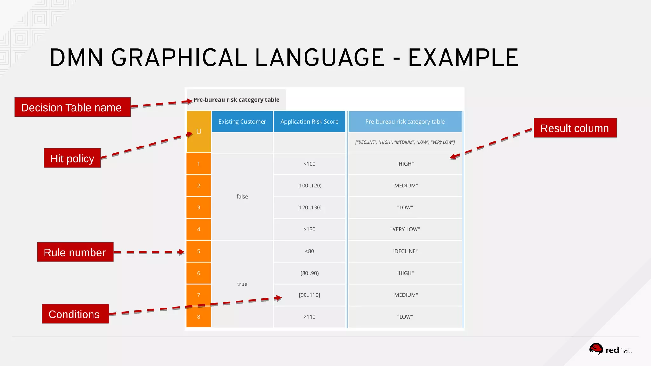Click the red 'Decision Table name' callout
72,107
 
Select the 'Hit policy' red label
72,158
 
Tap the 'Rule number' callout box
75,252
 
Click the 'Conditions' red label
75,314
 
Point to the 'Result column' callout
575,128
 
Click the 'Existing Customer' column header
242,121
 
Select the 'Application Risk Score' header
309,121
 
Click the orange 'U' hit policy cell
199,132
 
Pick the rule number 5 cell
199,251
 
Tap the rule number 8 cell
199,316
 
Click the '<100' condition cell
309,164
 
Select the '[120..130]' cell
309,207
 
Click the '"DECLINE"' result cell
405,251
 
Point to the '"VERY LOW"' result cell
405,229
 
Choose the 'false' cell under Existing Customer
242,196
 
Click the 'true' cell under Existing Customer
242,284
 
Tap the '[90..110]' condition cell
309,295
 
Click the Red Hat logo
610,349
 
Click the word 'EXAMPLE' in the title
463,58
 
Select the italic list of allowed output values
405,142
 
